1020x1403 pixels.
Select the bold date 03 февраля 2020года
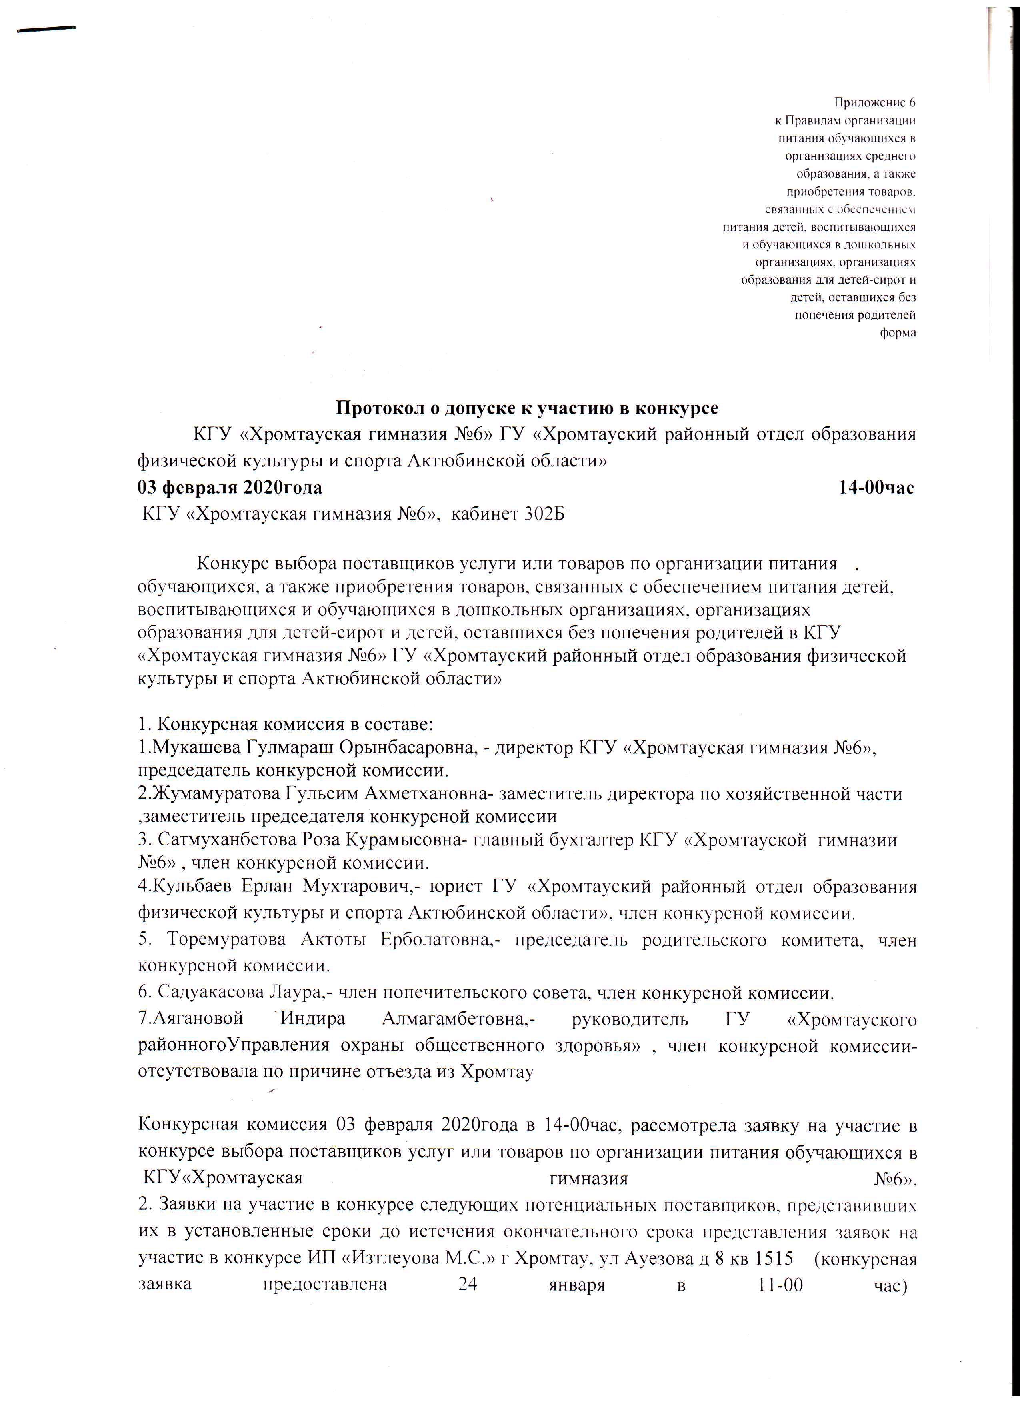tap(230, 488)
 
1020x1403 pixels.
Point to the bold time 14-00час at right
tap(876, 488)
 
